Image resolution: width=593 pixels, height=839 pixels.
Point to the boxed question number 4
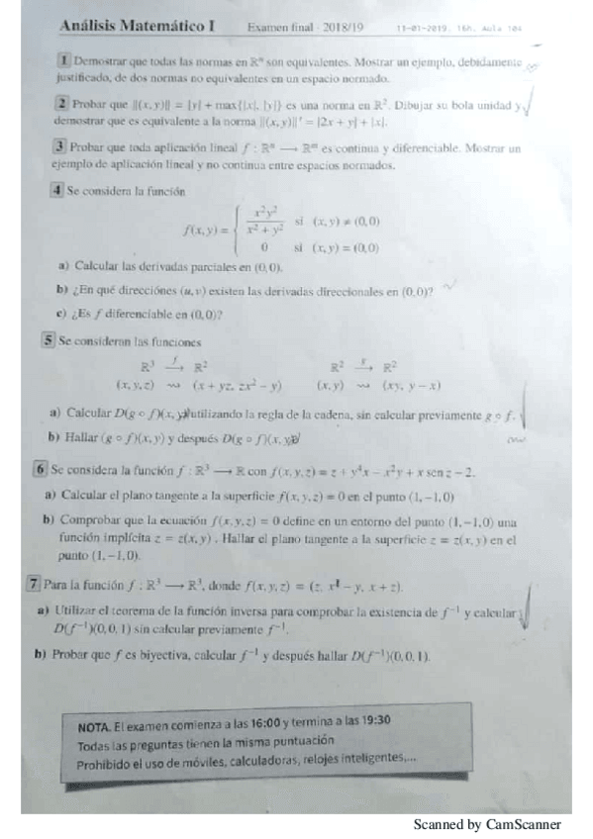pyautogui.click(x=58, y=190)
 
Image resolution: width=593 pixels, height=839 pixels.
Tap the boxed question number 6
pyautogui.click(x=41, y=470)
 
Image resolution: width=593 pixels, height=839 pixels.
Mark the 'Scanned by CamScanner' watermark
pyautogui.click(x=487, y=824)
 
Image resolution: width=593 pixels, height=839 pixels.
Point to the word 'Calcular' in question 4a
pyautogui.click(x=97, y=267)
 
